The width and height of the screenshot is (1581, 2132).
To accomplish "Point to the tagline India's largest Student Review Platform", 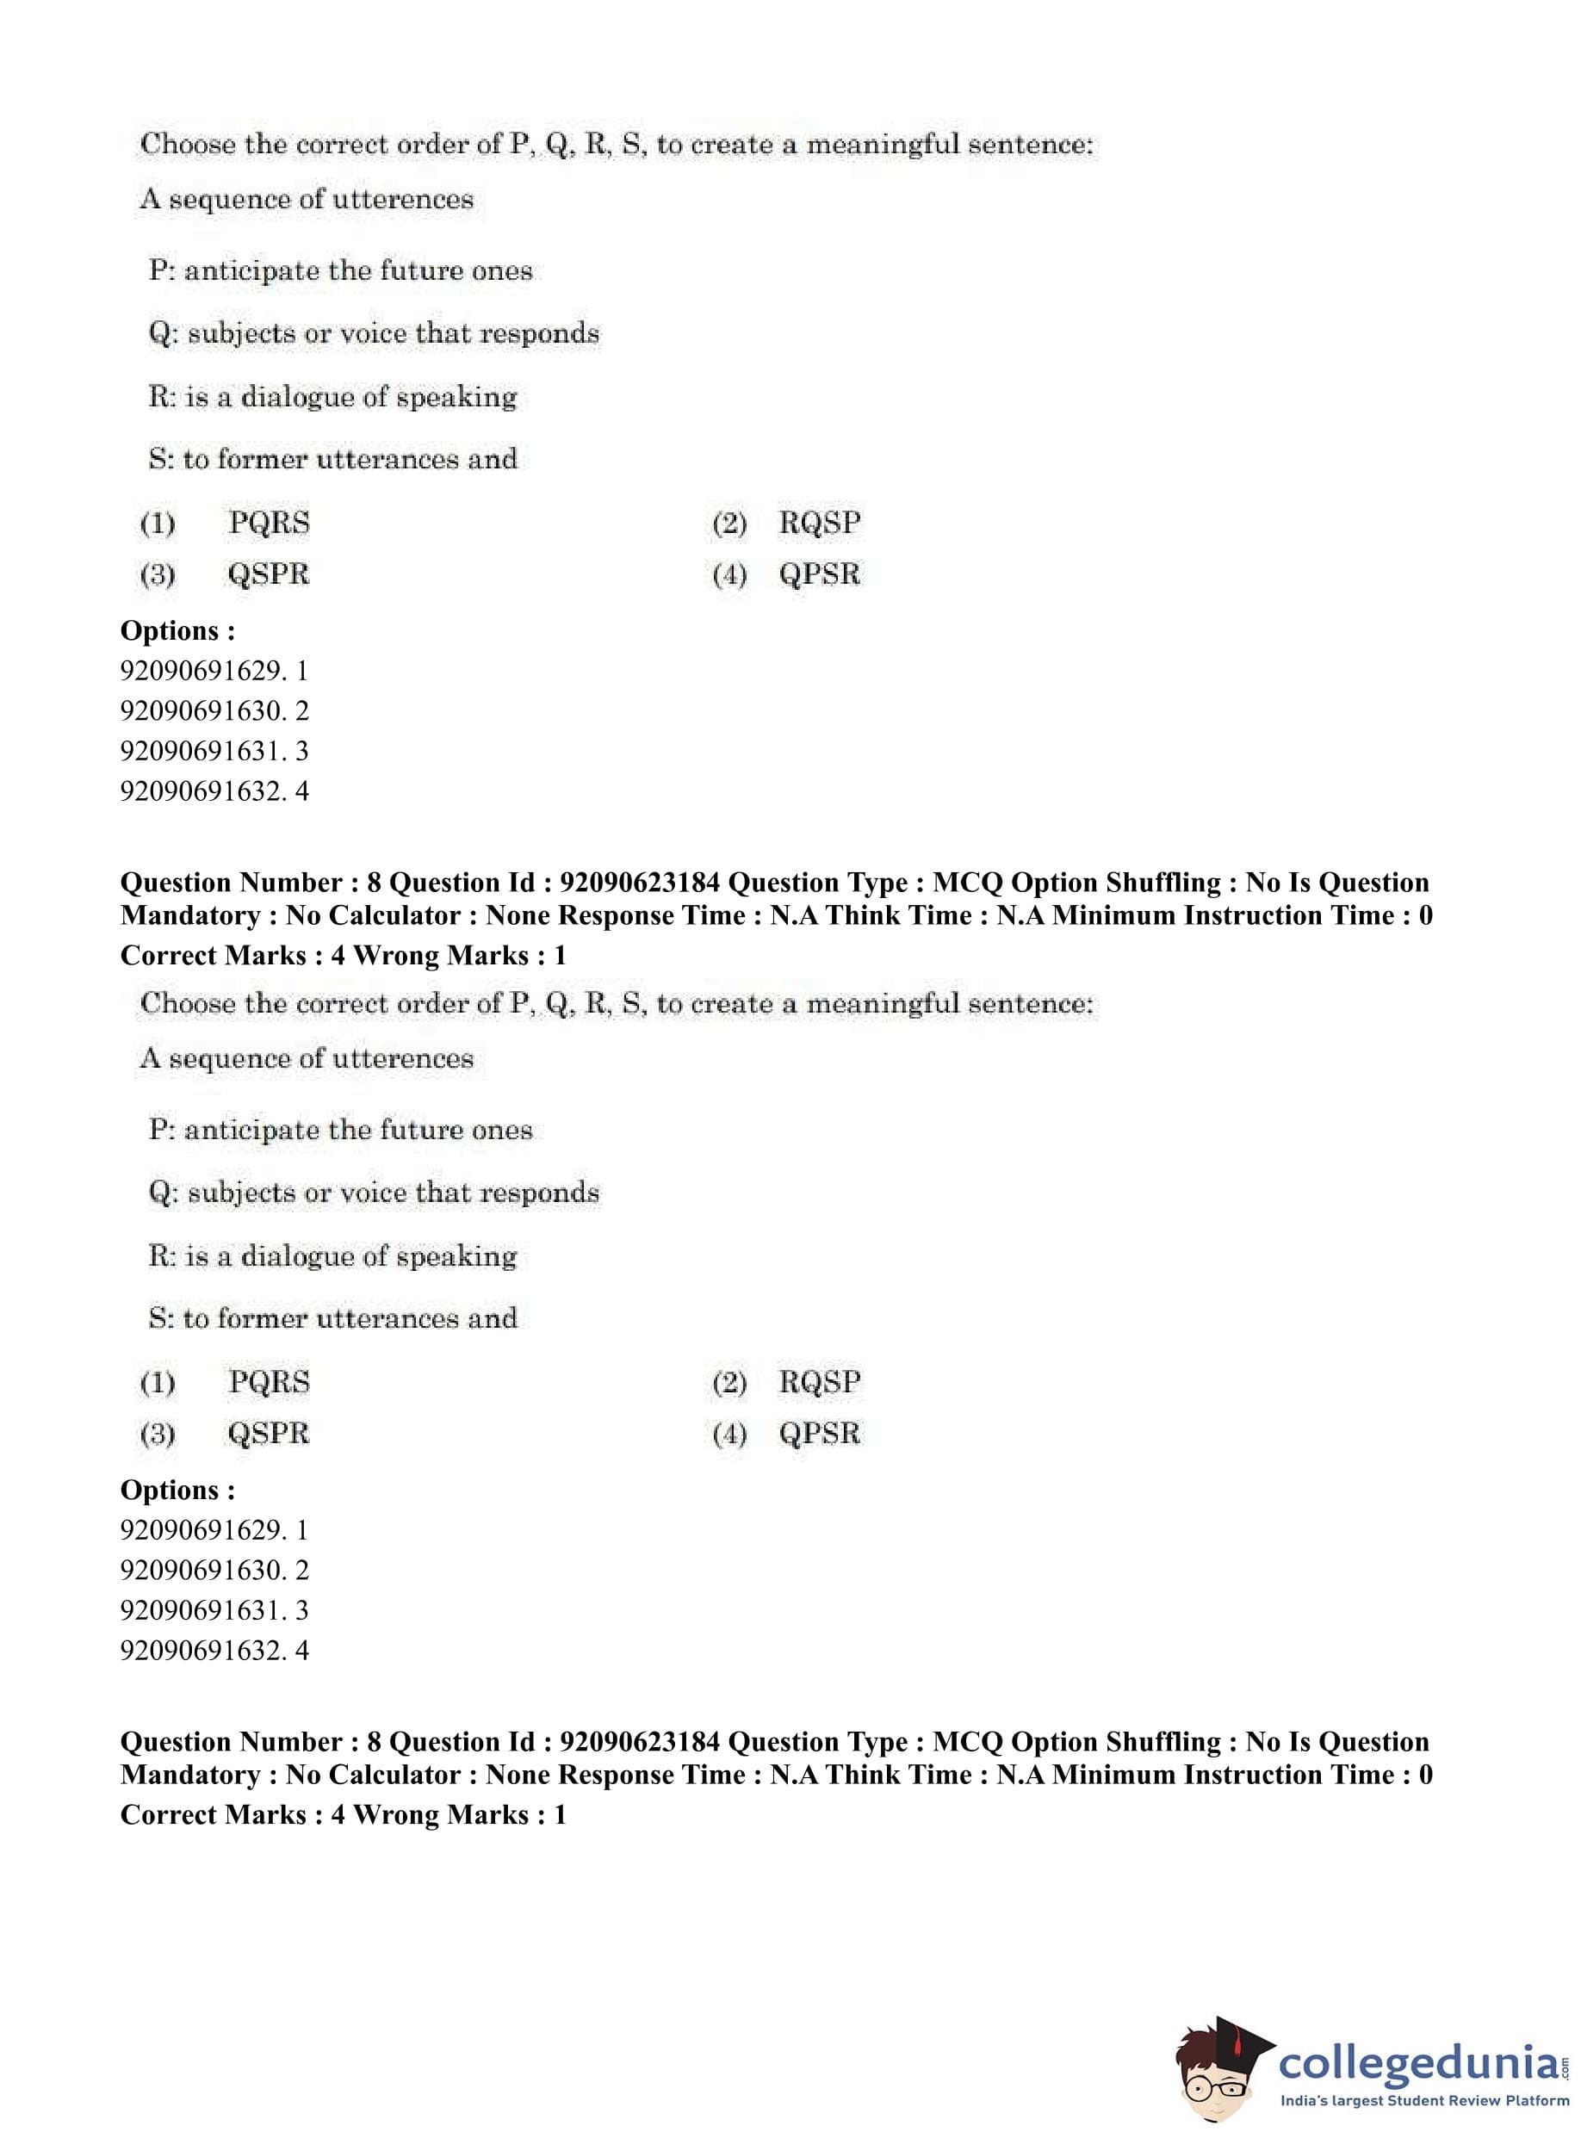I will pyautogui.click(x=1424, y=2100).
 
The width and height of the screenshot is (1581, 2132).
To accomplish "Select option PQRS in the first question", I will pyautogui.click(x=269, y=524).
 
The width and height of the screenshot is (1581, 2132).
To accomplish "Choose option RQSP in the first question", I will pyautogui.click(x=819, y=524).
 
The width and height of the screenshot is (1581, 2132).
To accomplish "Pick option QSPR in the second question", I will pyautogui.click(x=268, y=1434).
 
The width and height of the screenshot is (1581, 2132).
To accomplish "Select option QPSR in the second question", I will pyautogui.click(x=819, y=1434).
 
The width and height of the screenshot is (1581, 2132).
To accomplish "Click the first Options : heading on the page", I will pyautogui.click(x=177, y=630).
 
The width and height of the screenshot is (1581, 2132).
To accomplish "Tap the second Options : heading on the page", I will pyautogui.click(x=177, y=1490).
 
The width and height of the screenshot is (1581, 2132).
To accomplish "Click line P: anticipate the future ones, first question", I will pyautogui.click(x=340, y=271).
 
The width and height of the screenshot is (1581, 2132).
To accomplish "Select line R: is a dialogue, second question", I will pyautogui.click(x=332, y=1255).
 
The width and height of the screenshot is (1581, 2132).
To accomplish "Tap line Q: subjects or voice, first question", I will pyautogui.click(x=373, y=333).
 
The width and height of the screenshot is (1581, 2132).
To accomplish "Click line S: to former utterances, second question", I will pyautogui.click(x=332, y=1318).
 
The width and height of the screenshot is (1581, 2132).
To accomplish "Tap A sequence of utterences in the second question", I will pyautogui.click(x=307, y=1058).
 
